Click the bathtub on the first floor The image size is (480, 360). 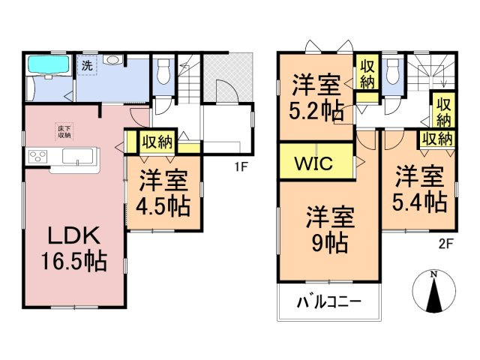click(48, 64)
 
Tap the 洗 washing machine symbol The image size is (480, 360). click(87, 65)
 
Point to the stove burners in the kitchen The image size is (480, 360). click(37, 157)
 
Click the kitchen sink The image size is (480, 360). click(78, 156)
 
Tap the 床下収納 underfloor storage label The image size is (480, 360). click(64, 131)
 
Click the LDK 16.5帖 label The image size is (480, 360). click(74, 248)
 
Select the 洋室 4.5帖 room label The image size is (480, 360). click(163, 193)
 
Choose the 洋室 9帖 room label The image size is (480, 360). click(330, 229)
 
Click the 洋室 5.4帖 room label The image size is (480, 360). click(420, 189)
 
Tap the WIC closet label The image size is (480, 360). click(313, 163)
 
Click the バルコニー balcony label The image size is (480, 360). click(329, 302)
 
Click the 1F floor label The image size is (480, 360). click(241, 166)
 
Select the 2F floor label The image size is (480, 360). click(445, 244)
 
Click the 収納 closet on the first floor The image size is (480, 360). click(157, 142)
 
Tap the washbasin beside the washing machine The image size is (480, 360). click(113, 59)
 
